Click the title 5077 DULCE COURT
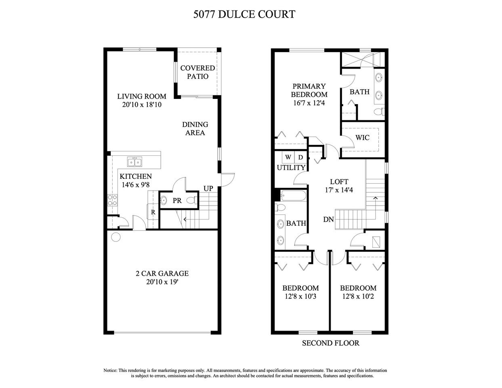(x=244, y=15)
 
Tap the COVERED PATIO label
(x=197, y=72)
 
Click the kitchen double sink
(x=134, y=162)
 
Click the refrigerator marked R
(x=153, y=212)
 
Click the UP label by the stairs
(x=208, y=189)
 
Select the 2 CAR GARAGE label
(x=162, y=273)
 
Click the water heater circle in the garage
(x=116, y=237)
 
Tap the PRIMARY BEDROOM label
(x=309, y=90)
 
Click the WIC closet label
(x=362, y=138)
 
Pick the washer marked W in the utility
(x=288, y=157)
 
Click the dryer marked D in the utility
(x=300, y=157)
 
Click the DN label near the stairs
(x=328, y=220)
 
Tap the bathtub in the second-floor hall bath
(x=292, y=195)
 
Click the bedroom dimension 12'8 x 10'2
(x=358, y=296)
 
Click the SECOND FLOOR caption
(x=331, y=344)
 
